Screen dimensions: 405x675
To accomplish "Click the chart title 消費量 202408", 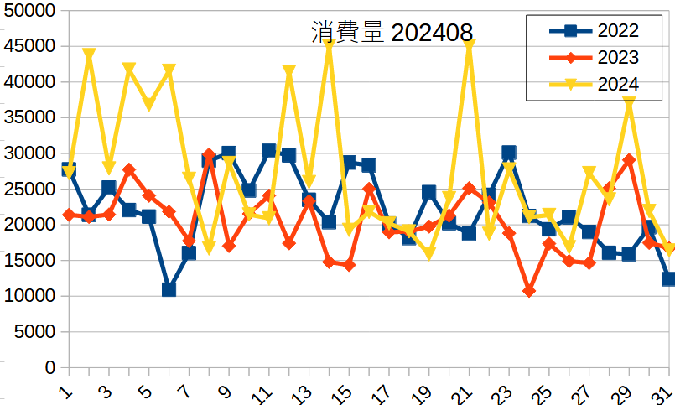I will [392, 33].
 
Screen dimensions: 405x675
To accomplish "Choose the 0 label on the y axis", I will [50, 368].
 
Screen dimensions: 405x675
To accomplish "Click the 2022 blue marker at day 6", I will [169, 289].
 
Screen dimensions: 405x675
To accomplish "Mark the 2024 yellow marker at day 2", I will [89, 55].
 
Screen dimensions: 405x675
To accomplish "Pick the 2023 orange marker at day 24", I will [529, 291].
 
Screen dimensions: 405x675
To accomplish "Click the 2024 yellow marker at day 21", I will [470, 44].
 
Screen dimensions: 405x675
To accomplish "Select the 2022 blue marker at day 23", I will [509, 153].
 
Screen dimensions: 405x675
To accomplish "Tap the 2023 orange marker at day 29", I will [629, 159].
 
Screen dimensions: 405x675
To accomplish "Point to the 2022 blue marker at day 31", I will [669, 279].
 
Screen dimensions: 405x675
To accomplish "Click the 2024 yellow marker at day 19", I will [429, 253].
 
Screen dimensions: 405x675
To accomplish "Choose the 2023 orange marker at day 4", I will [129, 169].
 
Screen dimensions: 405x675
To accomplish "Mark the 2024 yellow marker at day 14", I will [330, 44].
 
